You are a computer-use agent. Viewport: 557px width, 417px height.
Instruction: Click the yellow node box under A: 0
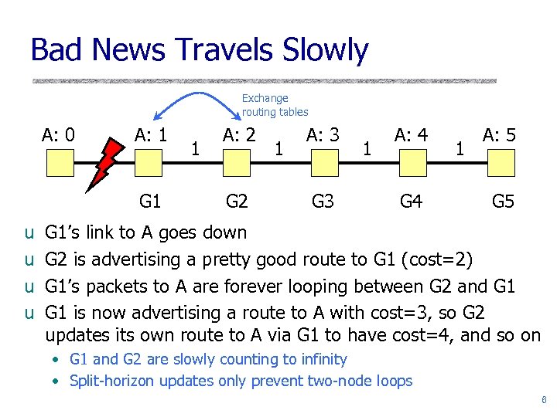pyautogui.click(x=59, y=163)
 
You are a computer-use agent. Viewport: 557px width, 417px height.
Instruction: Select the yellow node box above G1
pyautogui.click(x=149, y=163)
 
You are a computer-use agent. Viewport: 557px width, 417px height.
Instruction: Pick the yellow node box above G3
pyautogui.click(x=323, y=163)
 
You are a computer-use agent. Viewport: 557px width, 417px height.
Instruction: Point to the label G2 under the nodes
pyautogui.click(x=236, y=203)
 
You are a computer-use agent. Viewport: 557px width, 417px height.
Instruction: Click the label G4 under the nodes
pyautogui.click(x=410, y=203)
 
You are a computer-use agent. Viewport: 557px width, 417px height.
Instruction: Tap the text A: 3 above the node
pyautogui.click(x=323, y=136)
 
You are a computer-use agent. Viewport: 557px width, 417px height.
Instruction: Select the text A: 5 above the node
pyautogui.click(x=499, y=136)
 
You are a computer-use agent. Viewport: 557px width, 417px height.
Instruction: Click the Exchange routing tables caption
pyautogui.click(x=275, y=105)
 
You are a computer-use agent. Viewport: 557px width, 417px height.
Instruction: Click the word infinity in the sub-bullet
pyautogui.click(x=320, y=359)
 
